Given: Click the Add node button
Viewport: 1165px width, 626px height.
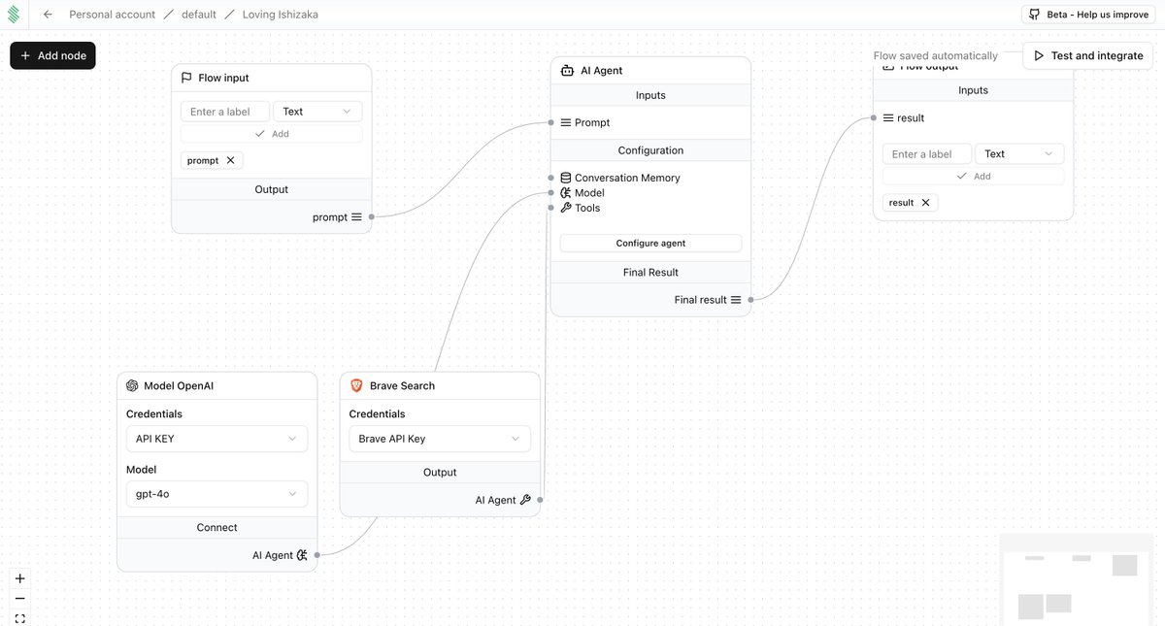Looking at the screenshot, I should pyautogui.click(x=52, y=55).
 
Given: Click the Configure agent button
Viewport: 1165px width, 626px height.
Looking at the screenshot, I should pyautogui.click(x=650, y=244).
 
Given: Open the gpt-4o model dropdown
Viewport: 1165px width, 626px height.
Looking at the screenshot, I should pyautogui.click(x=216, y=494).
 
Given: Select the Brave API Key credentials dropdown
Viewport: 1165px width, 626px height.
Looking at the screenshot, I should pyautogui.click(x=440, y=439).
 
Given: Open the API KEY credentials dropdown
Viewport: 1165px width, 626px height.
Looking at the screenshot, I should pyautogui.click(x=216, y=439).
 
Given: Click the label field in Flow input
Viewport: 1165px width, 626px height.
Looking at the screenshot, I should pyautogui.click(x=225, y=112).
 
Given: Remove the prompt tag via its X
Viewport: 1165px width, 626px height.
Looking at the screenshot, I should pyautogui.click(x=230, y=160).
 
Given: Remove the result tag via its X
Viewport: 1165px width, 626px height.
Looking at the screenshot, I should pyautogui.click(x=925, y=203).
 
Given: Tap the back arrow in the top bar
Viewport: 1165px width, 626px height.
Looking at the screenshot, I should pyautogui.click(x=48, y=15).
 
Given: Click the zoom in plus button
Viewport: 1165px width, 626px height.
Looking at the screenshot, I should pyautogui.click(x=20, y=578).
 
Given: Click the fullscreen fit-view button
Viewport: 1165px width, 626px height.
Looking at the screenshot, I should pyautogui.click(x=20, y=618).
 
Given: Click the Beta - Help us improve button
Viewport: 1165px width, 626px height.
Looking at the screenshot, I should pyautogui.click(x=1089, y=15).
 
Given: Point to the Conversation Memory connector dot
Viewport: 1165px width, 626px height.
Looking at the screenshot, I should pyautogui.click(x=551, y=178).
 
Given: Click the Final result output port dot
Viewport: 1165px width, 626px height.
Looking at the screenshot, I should pyautogui.click(x=750, y=300).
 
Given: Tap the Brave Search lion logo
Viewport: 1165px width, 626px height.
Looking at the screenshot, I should pyautogui.click(x=356, y=385).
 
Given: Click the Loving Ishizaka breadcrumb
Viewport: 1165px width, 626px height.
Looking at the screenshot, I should pyautogui.click(x=280, y=15).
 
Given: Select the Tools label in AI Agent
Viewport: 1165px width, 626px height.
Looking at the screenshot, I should pyautogui.click(x=587, y=208).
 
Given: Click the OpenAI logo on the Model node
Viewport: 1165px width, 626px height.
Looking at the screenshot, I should pyautogui.click(x=132, y=385).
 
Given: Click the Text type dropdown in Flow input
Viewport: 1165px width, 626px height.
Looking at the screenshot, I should pyautogui.click(x=317, y=112).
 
